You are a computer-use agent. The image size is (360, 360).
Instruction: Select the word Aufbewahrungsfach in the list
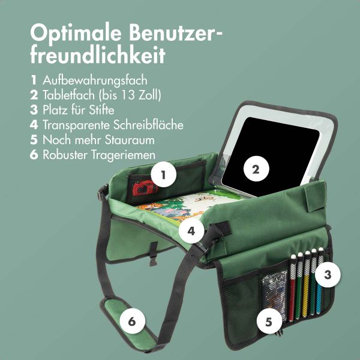(95, 80)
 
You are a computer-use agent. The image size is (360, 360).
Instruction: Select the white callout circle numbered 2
(256, 169)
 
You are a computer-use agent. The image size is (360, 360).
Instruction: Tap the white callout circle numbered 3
(327, 275)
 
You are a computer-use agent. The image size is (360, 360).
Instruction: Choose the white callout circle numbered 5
(268, 321)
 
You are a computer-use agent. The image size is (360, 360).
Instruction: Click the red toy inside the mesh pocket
(140, 191)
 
